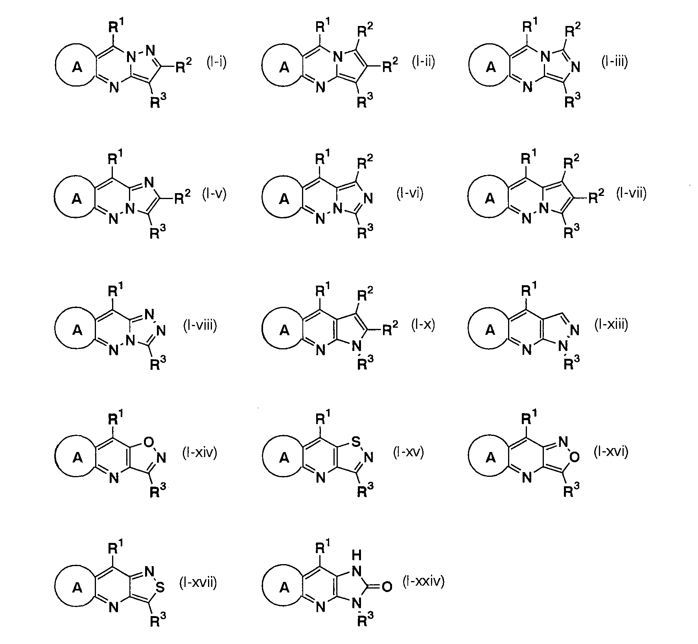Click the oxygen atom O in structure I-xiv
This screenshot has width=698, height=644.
[x=149, y=443]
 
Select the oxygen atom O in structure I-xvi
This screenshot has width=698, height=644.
[x=575, y=457]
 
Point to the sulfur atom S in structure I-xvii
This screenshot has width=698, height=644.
[x=160, y=588]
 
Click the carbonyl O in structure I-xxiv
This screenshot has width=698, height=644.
[x=387, y=587]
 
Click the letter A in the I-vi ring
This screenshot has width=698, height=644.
[x=284, y=199]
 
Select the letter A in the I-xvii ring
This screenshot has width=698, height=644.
[x=77, y=588]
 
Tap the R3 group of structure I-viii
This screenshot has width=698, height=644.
[x=158, y=365]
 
